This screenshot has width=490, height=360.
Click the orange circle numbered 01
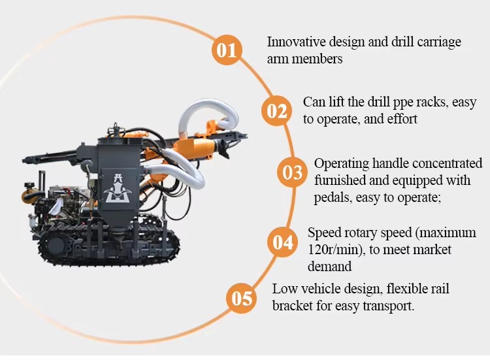point(227,50)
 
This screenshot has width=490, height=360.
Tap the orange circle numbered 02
point(276,111)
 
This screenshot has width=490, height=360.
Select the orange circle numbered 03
point(292,172)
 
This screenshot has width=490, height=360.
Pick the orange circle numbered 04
point(282,242)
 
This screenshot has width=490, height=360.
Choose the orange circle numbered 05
point(242,298)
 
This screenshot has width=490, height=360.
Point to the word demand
point(330,267)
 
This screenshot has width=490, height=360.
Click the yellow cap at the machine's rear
point(29,186)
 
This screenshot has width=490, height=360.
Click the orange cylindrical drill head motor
point(195,147)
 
